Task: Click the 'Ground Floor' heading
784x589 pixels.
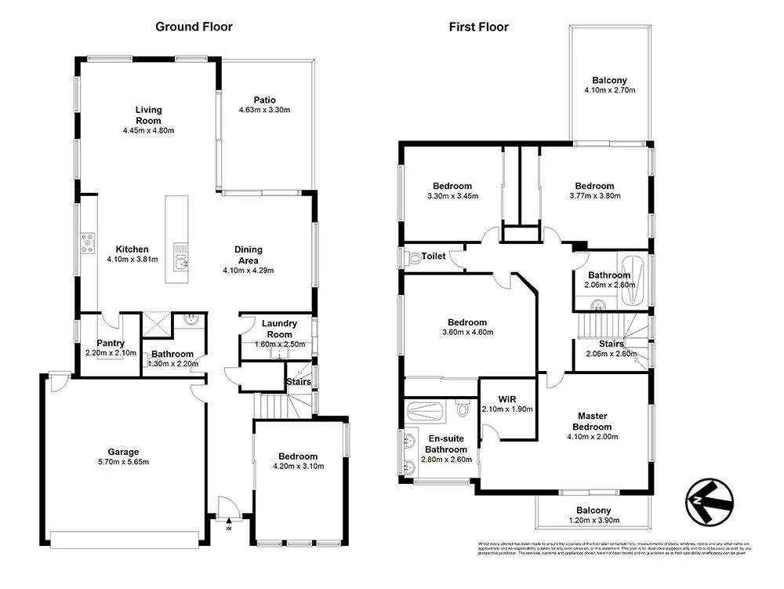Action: [x=194, y=27]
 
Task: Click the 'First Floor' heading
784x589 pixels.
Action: [x=478, y=27]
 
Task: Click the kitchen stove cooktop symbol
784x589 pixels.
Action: [x=87, y=243]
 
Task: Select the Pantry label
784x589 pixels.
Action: [x=111, y=343]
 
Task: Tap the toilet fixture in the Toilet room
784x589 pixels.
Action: [x=414, y=256]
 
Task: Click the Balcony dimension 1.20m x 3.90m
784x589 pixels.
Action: [x=593, y=521]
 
